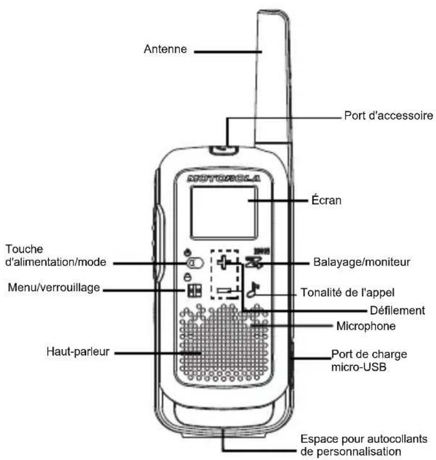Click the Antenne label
[x=165, y=49]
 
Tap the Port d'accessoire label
[x=388, y=116]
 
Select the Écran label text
[x=326, y=200]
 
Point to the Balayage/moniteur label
[x=361, y=262]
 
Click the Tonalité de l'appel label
[x=347, y=292]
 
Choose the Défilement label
[x=397, y=311]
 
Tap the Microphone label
[x=366, y=326]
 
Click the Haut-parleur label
[x=78, y=352]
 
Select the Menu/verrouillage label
[x=54, y=287]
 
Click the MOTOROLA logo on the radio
[x=224, y=179]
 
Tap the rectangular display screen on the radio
[x=224, y=212]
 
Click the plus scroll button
[x=224, y=262]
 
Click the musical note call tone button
[x=253, y=290]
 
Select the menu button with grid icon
[x=195, y=290]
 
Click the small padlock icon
[x=187, y=277]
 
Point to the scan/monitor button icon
[x=254, y=262]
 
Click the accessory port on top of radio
[x=224, y=150]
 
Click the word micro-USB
[x=359, y=367]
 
